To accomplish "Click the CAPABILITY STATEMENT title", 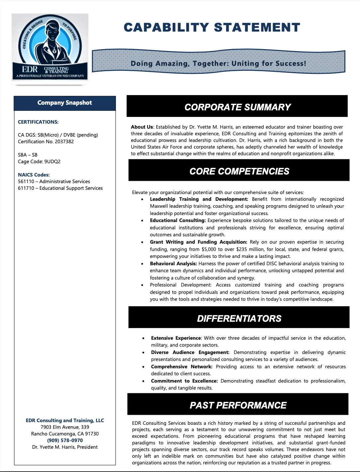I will [212, 28].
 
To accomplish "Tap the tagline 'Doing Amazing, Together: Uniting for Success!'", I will [218, 63].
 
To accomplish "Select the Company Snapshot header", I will [64, 103].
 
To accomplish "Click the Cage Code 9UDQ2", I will [52, 162].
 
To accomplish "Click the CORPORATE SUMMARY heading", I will [237, 107].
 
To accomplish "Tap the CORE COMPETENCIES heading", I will [239, 171].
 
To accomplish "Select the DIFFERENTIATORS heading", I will [239, 318].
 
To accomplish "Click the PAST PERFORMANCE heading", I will [238, 405].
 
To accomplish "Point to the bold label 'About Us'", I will [142, 127].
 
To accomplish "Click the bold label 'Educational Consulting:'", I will [178, 220].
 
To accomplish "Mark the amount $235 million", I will [252, 249].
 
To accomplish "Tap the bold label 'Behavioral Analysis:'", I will [173, 264].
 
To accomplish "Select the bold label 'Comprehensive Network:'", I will [182, 367].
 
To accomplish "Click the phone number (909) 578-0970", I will [65, 440].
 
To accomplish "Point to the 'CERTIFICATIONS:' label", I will [38, 122].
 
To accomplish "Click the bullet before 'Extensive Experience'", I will [143, 338].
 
